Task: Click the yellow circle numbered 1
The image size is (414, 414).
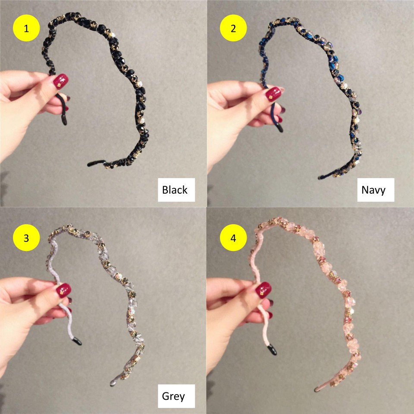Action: (26, 28)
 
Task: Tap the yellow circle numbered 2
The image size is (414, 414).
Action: (233, 28)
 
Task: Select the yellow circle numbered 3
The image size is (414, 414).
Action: (26, 238)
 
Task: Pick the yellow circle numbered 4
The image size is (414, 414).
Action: (233, 238)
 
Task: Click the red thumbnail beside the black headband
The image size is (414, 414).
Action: (61, 81)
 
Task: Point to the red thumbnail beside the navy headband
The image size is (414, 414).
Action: (273, 94)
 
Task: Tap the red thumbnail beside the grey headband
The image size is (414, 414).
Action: (64, 290)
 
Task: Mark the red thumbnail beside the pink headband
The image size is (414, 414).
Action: (263, 290)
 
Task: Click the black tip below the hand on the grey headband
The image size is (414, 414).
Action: (77, 341)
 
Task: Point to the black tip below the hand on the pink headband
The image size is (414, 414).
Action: (272, 350)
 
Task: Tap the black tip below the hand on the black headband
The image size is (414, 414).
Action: (64, 121)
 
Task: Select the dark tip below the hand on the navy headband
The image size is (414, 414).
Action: (280, 128)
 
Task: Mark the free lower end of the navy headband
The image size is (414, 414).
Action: (320, 178)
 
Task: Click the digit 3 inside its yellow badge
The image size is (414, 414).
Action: (26, 238)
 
